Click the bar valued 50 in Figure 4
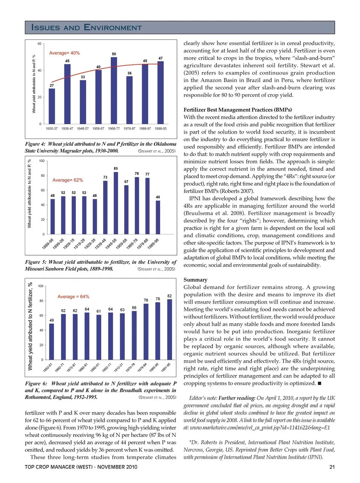click(114, 90)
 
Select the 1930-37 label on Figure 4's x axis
click(52, 129)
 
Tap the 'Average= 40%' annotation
click(64, 53)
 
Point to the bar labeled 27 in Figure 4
click(52, 106)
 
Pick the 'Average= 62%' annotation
click(67, 180)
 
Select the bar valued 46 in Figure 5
click(158, 217)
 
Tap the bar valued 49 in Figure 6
click(52, 341)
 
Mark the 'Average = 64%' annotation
click(73, 296)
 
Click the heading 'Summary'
click(195, 280)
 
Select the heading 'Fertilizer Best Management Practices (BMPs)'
click(237, 110)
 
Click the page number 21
click(331, 467)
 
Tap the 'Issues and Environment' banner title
click(87, 27)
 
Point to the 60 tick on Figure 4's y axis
click(39, 44)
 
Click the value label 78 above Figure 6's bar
click(158, 299)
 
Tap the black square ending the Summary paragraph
click(319, 383)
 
